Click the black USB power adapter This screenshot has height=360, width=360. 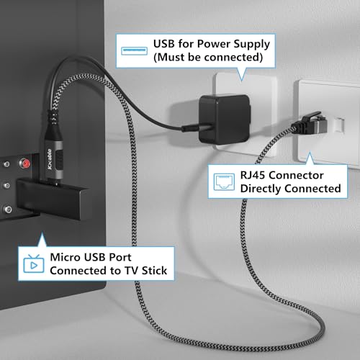[x=225, y=119]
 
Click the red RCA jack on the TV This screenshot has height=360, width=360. [x=24, y=163]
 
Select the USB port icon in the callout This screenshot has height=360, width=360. [x=134, y=51]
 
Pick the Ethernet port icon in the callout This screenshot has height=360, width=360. [x=224, y=181]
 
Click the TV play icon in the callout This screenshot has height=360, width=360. [x=34, y=264]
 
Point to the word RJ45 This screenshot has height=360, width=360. [x=253, y=175]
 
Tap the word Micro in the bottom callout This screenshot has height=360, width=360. [x=65, y=257]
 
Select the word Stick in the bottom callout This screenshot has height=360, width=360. [x=154, y=271]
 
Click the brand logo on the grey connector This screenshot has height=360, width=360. [x=50, y=159]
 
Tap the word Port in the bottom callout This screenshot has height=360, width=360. [x=120, y=257]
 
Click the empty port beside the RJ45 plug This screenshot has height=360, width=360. [x=339, y=125]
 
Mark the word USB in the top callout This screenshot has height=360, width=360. [x=164, y=44]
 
